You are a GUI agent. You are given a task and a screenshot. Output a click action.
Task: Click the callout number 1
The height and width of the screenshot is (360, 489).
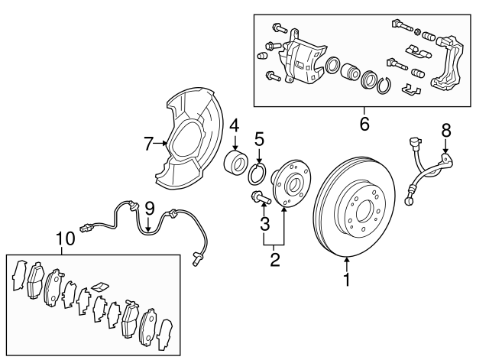coord(346,281)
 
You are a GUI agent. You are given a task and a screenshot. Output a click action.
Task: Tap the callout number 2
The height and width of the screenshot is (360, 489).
coord(274,259)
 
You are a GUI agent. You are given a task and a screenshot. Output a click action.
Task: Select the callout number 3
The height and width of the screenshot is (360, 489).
coord(264,224)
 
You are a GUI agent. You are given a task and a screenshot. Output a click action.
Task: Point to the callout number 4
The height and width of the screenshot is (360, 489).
coord(235,124)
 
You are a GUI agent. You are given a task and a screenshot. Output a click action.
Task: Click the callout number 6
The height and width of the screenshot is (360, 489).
coord(364,122)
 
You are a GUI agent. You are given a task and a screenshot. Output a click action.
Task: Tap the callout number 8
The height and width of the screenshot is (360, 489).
coord(445,131)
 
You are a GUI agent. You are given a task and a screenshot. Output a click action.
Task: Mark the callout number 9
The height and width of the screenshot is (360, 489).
coord(150,206)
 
